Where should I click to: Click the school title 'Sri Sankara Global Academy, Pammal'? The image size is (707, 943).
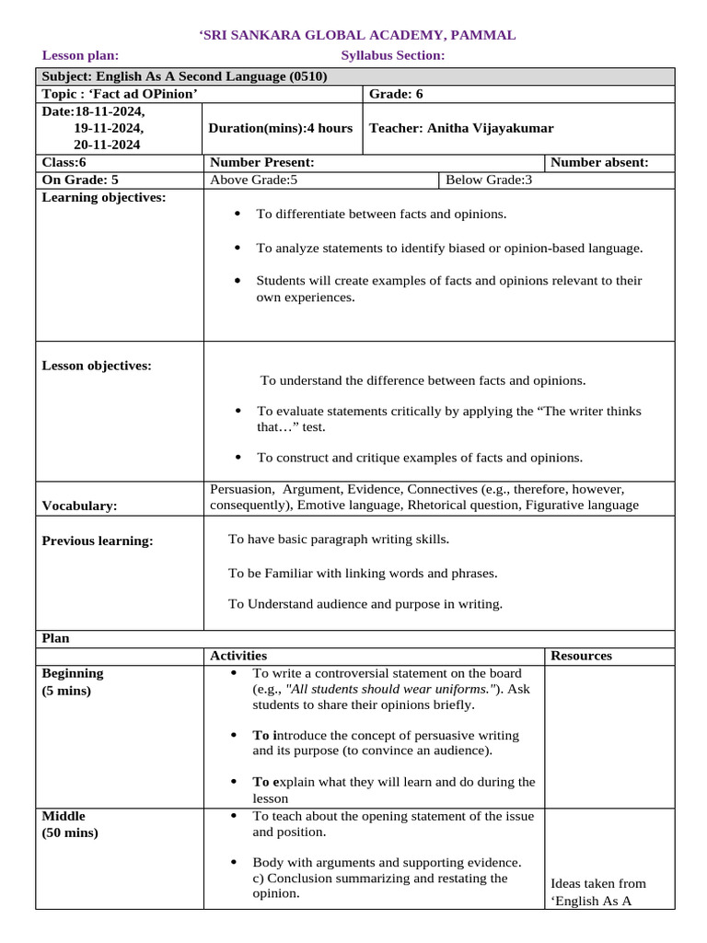(x=357, y=35)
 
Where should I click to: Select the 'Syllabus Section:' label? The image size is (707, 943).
(x=392, y=55)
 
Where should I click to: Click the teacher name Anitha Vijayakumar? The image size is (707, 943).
(x=461, y=128)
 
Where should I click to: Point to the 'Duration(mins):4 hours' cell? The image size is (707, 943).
(x=281, y=128)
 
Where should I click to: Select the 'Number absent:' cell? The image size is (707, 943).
(x=599, y=162)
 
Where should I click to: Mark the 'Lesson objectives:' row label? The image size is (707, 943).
(x=97, y=366)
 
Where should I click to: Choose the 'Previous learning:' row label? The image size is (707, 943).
(x=98, y=541)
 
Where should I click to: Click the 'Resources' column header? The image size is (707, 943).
(x=581, y=656)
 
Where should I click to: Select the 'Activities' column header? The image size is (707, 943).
(x=238, y=656)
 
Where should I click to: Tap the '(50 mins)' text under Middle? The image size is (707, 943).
(x=70, y=832)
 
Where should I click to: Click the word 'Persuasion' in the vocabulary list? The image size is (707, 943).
(x=242, y=489)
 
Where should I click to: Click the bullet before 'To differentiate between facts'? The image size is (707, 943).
(x=238, y=214)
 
